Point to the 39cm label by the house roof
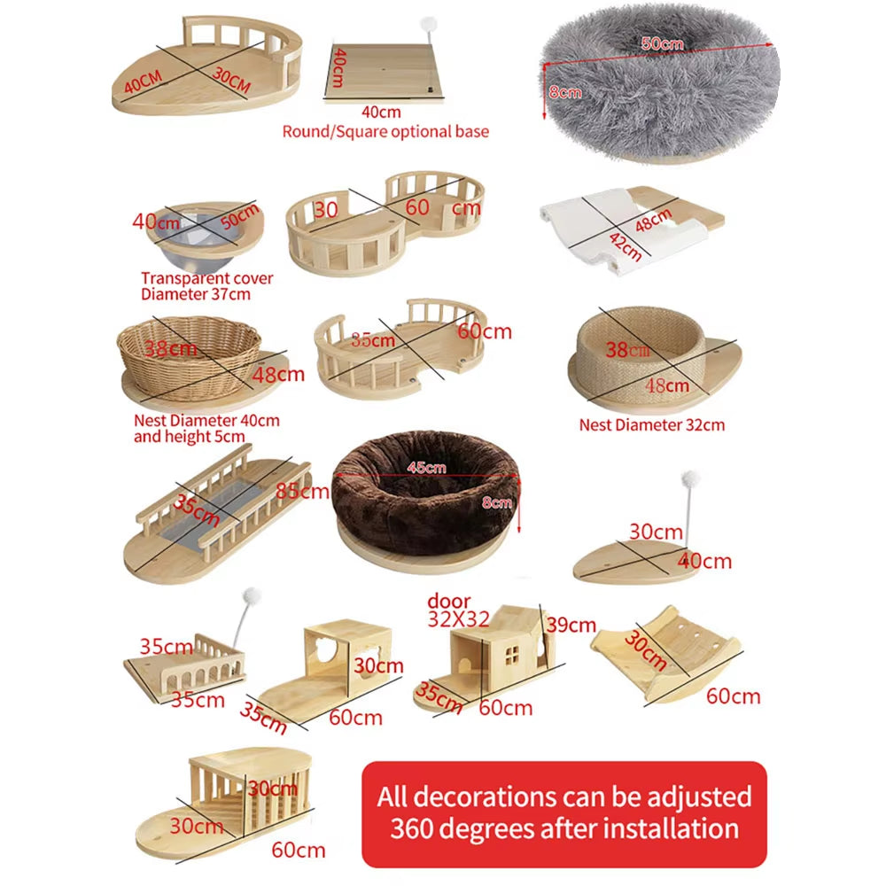[569, 625]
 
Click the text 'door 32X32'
[457, 610]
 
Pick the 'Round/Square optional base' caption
[385, 131]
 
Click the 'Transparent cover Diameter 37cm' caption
[206, 286]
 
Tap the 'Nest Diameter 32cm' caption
[651, 424]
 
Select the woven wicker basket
[189, 357]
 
